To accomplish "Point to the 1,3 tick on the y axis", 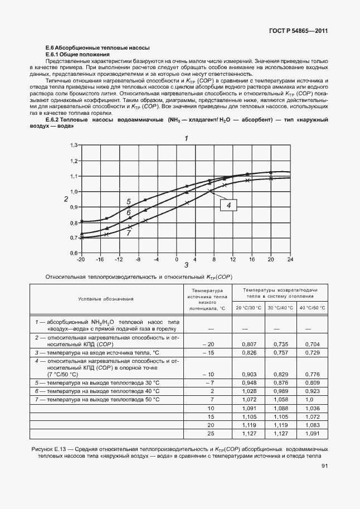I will coord(72,145).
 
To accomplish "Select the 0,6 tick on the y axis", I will coord(72,253).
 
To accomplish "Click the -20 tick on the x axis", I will coord(81,259).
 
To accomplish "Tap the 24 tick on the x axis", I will coord(290,259).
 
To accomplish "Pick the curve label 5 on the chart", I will coord(128,202).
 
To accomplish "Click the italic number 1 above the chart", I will coord(186,138).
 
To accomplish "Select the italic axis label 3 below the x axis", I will coord(186,266).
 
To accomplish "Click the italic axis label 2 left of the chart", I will coord(66,199).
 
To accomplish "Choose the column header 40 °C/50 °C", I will coord(313,308).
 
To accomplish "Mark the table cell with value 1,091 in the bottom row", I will coord(313,433).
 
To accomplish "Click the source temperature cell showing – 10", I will coord(208,374).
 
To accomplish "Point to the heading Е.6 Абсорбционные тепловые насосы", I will coord(97,49).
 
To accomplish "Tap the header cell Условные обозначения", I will coord(106,299).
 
